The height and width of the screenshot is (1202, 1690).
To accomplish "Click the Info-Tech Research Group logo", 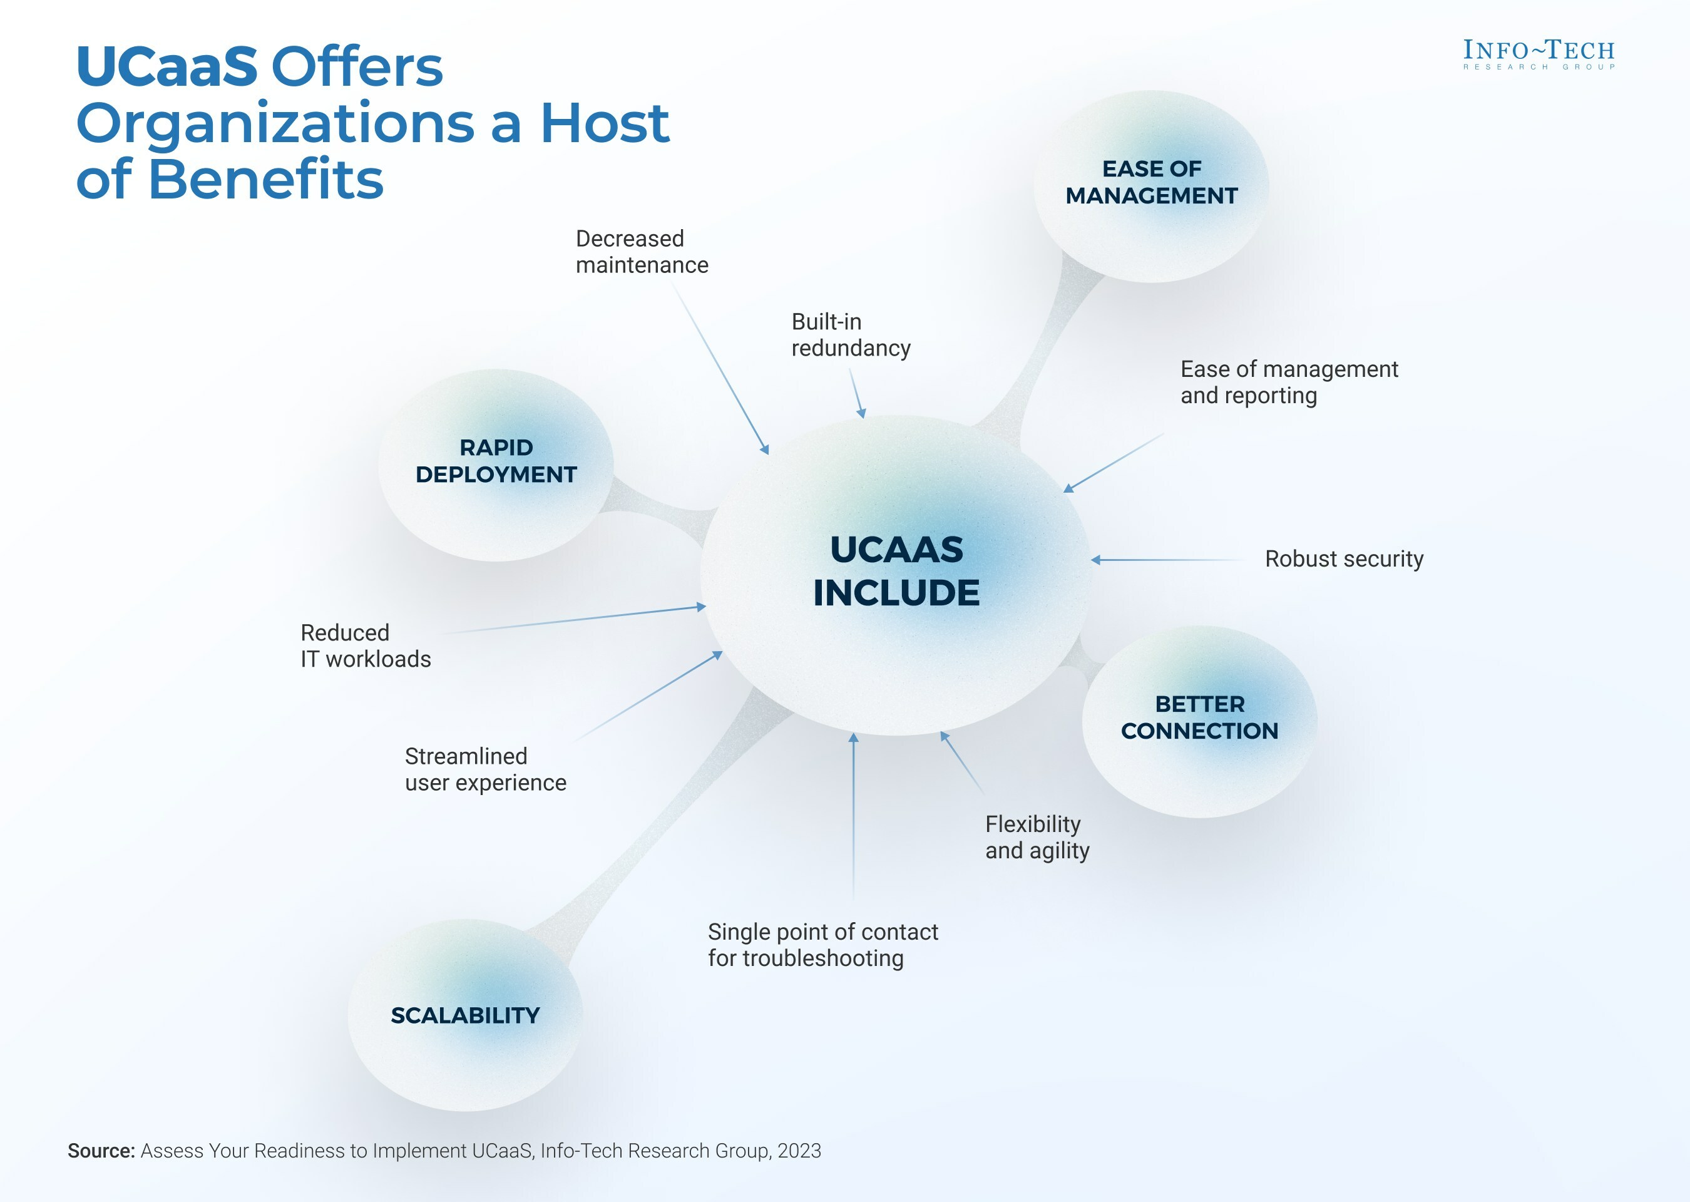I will click(1539, 54).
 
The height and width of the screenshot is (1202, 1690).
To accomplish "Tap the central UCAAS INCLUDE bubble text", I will click(896, 571).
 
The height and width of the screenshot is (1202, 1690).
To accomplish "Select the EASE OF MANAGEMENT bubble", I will click(1151, 182).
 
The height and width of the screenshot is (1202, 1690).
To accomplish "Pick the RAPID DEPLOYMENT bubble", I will click(496, 461).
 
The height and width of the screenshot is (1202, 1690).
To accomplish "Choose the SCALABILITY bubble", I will click(466, 1015).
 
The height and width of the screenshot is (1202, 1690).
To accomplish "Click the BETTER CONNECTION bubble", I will click(1199, 717).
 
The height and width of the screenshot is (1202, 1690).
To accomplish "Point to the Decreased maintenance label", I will click(642, 252).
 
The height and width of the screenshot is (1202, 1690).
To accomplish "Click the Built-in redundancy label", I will click(851, 334).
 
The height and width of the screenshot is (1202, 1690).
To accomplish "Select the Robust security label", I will click(1344, 559).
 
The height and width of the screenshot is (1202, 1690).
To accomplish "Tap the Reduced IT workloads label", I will click(366, 645).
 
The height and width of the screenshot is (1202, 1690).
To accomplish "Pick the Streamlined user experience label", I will click(485, 769).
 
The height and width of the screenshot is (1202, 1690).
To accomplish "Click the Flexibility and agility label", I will click(1037, 837).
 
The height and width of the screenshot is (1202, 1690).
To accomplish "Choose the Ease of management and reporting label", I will click(1289, 382).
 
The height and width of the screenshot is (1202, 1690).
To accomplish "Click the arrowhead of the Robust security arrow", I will click(1096, 560).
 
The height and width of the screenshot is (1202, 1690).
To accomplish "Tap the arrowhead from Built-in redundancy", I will click(861, 414).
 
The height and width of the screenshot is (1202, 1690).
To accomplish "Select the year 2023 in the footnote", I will click(799, 1151).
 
